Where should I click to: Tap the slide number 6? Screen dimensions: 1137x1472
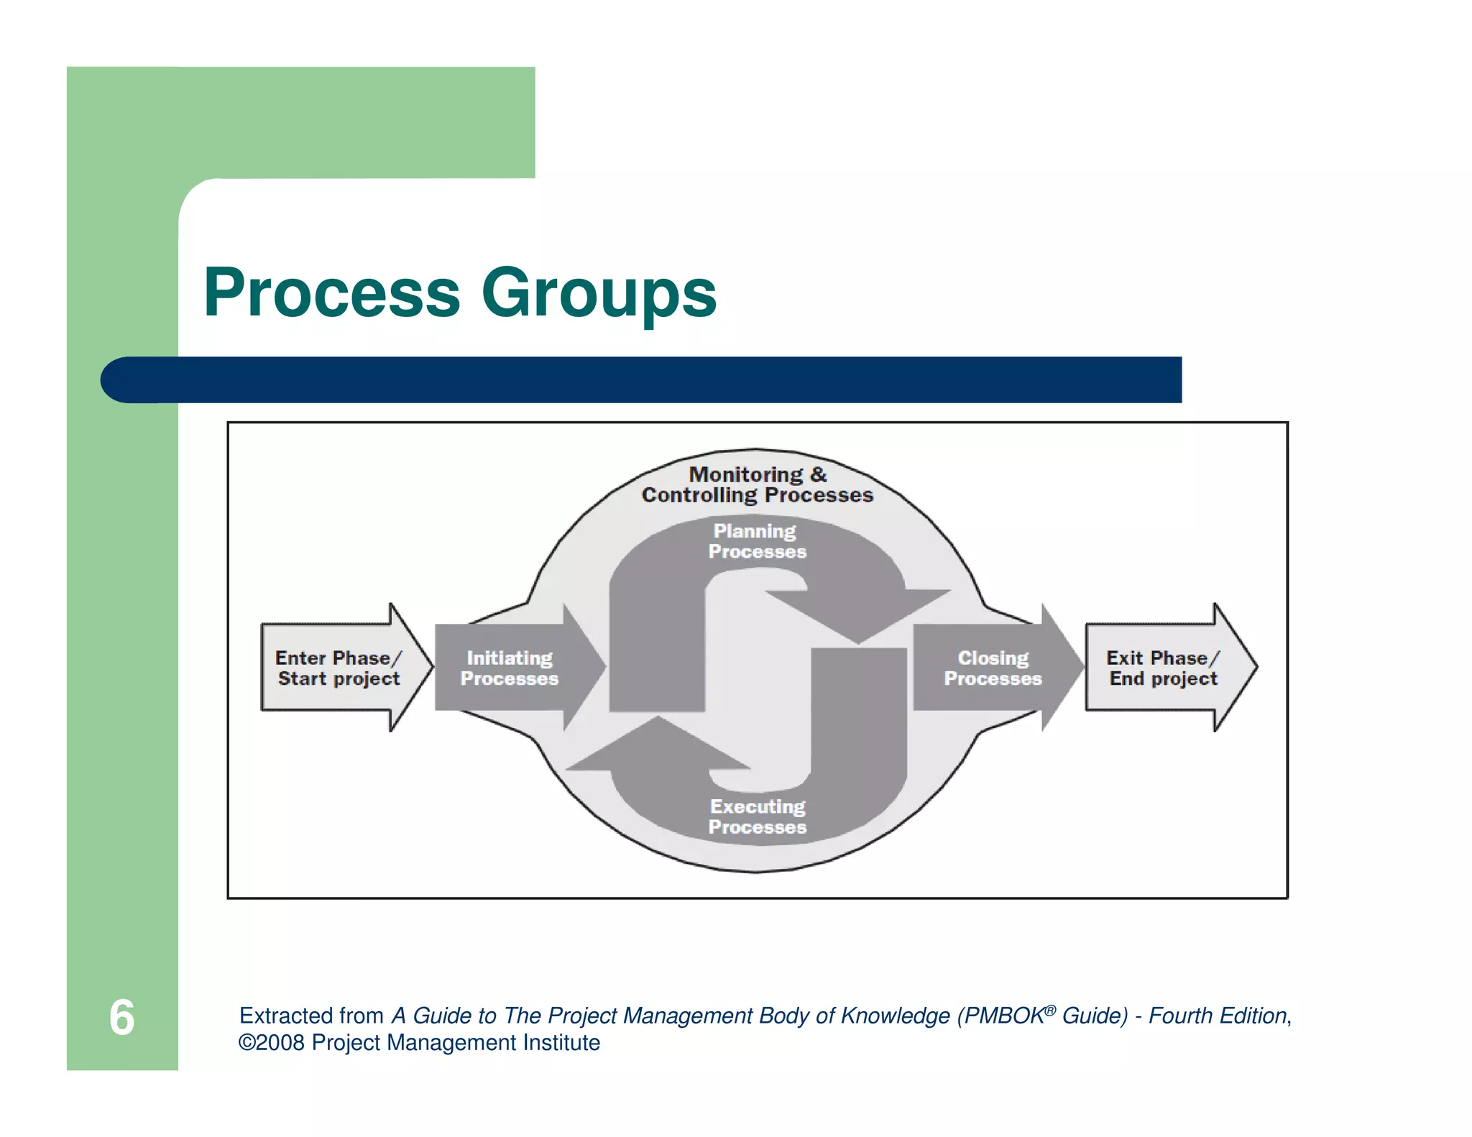click(x=121, y=1017)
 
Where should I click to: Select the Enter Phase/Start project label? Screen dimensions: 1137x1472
click(x=338, y=668)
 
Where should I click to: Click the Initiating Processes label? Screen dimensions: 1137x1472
click(x=509, y=668)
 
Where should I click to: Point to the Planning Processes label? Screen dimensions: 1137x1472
click(x=757, y=541)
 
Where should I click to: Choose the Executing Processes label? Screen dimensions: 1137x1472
click(x=757, y=816)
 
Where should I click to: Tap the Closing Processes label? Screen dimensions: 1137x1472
click(x=993, y=668)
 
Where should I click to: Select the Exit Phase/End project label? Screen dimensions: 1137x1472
click(x=1163, y=668)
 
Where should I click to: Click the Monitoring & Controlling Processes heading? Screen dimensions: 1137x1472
click(x=757, y=484)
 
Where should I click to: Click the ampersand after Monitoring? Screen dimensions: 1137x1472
click(x=819, y=474)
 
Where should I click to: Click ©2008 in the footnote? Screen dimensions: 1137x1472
click(x=272, y=1043)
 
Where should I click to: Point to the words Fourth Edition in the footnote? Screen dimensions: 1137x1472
click(x=1217, y=1016)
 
